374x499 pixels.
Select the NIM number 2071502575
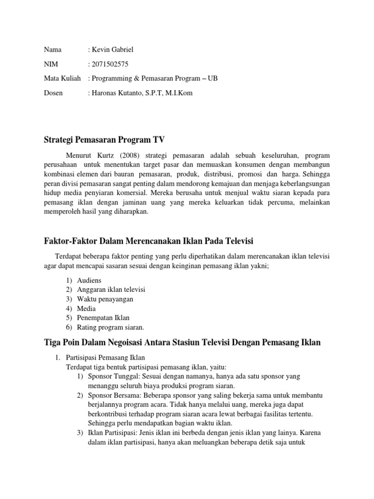(111, 64)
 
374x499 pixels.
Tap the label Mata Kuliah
(62, 78)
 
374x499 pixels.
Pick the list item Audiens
(90, 280)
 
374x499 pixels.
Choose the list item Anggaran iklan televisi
(111, 289)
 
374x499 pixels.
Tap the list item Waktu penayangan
(105, 299)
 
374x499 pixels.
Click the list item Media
(87, 308)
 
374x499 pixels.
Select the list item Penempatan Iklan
(103, 318)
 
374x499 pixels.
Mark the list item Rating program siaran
(111, 327)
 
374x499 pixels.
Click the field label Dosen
(53, 93)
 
